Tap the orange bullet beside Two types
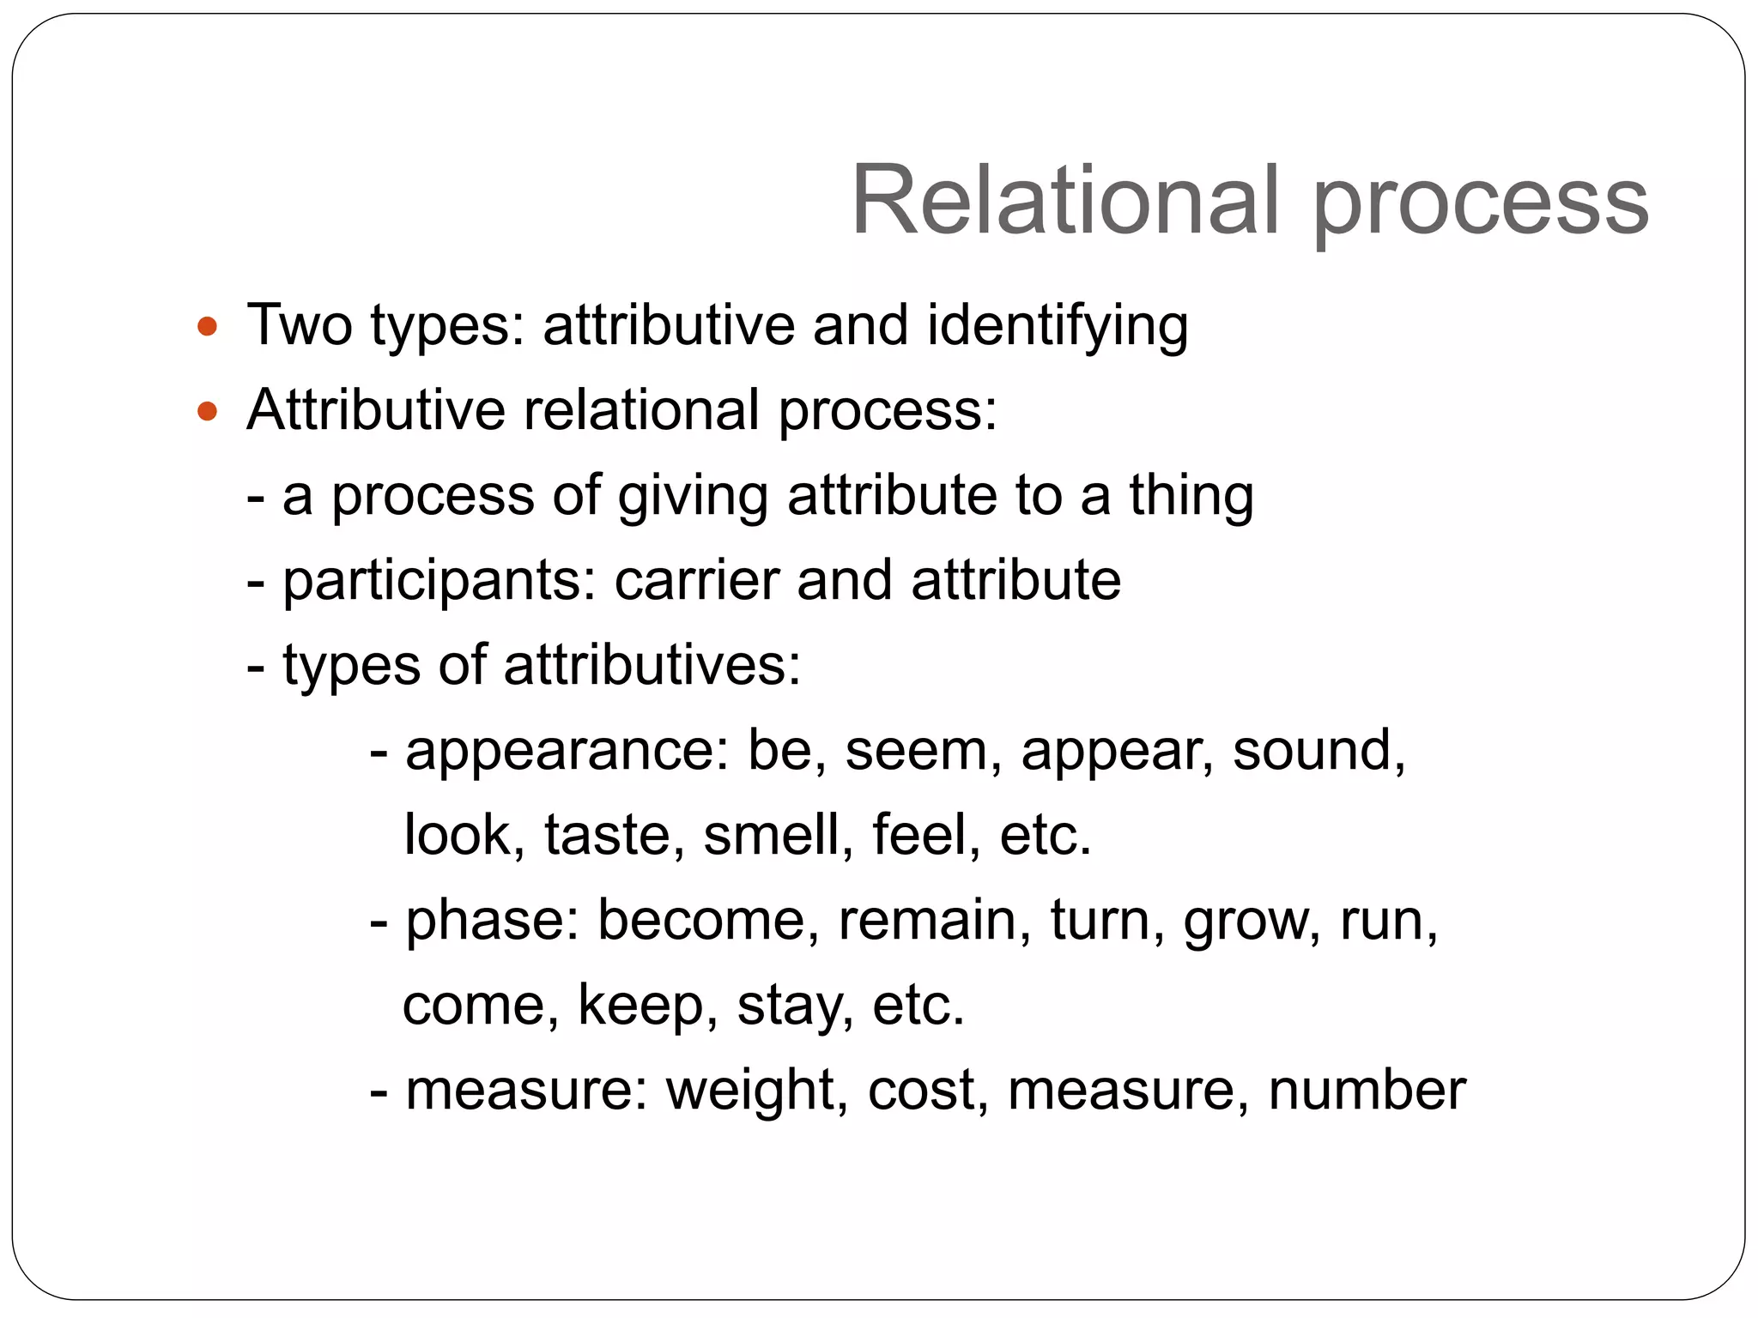[x=207, y=326]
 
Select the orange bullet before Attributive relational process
[x=207, y=411]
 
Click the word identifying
[x=1058, y=326]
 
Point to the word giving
[x=692, y=496]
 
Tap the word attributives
[x=651, y=665]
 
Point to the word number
[x=1367, y=1091]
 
